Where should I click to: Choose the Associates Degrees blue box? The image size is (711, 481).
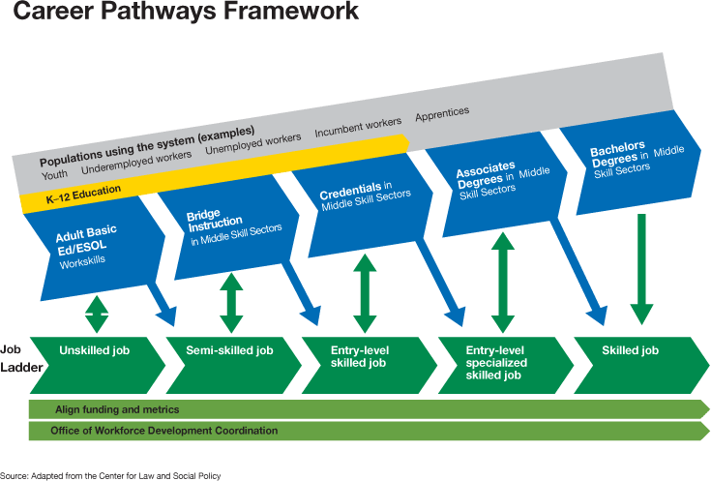click(x=497, y=184)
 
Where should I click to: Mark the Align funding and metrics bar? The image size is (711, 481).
click(x=368, y=409)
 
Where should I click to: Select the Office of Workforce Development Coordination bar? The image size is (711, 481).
click(x=368, y=431)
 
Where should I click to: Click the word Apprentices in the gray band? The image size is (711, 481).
click(x=442, y=113)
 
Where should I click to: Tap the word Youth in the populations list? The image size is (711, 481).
click(x=54, y=175)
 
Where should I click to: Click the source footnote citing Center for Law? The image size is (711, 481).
click(x=117, y=475)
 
